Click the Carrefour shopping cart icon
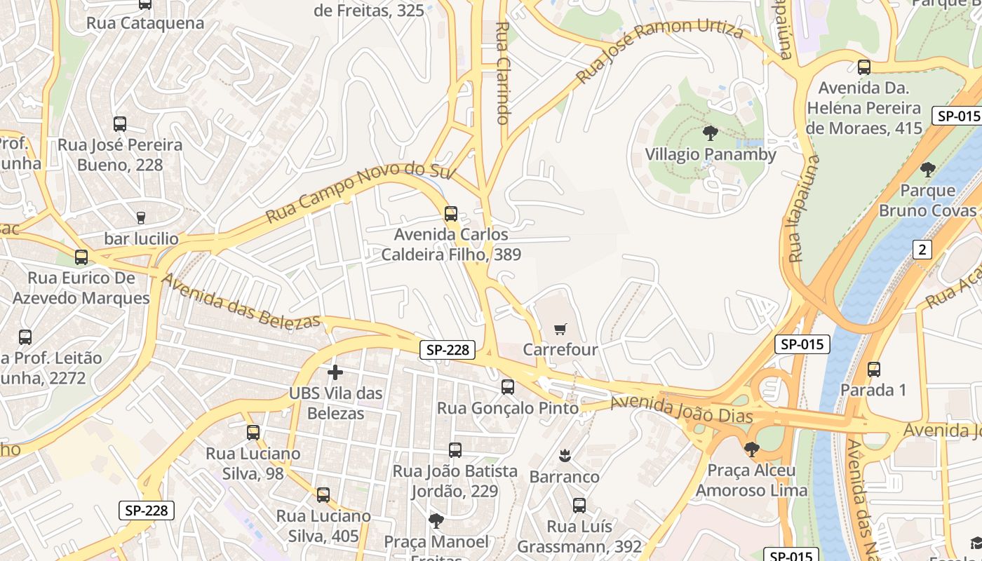(x=560, y=329)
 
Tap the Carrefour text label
(x=560, y=349)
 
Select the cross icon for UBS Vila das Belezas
(x=335, y=372)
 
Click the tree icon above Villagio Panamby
(x=710, y=133)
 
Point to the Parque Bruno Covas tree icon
(x=927, y=170)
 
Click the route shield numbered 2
(x=922, y=249)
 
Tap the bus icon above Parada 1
(x=873, y=370)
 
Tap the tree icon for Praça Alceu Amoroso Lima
(x=751, y=449)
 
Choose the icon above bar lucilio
(x=141, y=217)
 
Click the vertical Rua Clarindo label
(x=502, y=73)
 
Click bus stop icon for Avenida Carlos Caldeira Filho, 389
(x=450, y=214)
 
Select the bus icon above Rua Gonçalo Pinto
(x=507, y=387)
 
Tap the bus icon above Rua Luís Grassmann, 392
(x=579, y=506)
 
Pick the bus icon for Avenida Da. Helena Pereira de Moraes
(x=863, y=67)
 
